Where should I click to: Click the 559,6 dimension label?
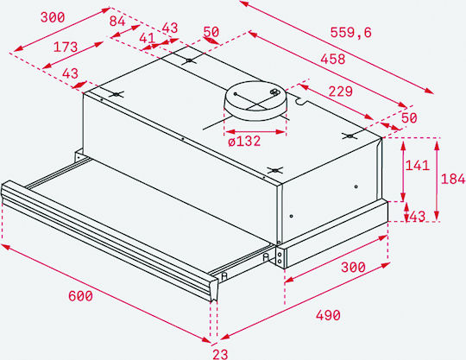350,32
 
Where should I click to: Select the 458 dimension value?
333,59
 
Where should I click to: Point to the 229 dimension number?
341,92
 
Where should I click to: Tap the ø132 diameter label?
244,141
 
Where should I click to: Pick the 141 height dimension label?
418,165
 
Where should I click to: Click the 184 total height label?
453,179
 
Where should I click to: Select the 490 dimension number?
328,315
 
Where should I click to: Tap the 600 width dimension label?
80,296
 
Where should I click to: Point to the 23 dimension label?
220,354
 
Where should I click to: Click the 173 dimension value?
66,47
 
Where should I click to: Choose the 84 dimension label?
117,22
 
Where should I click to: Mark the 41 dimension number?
147,38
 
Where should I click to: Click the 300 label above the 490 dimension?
353,268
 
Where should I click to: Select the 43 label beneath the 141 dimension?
418,216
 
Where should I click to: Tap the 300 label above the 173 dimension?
53,17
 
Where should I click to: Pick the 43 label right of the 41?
170,28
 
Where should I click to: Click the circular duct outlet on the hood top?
256,100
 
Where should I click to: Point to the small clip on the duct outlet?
275,92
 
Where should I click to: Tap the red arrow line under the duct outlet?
255,132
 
